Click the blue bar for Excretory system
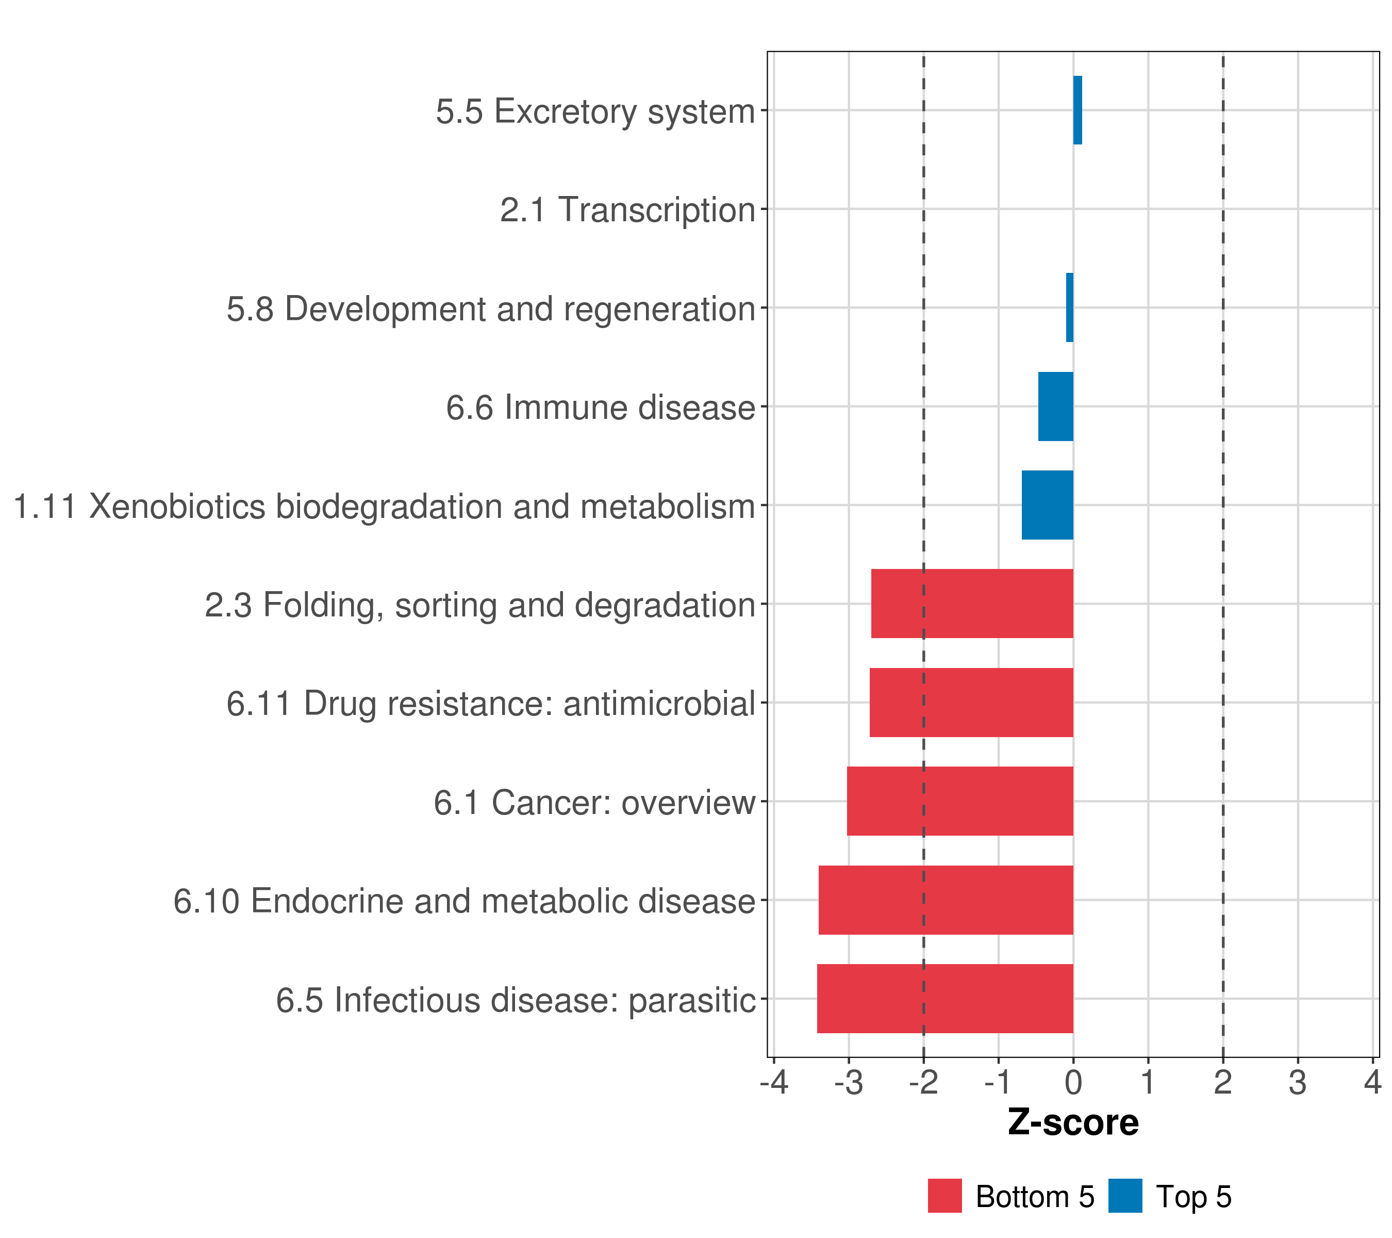tap(1078, 110)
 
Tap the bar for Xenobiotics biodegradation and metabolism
tap(1048, 505)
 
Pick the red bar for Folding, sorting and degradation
tap(972, 604)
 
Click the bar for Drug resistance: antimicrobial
tap(971, 703)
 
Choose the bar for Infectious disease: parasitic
tap(944, 999)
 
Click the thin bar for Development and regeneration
tap(1069, 307)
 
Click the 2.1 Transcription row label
tap(627, 210)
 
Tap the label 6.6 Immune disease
tap(600, 408)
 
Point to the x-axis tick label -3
tap(849, 1083)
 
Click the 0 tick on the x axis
tap(1073, 1083)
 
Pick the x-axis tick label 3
tap(1297, 1083)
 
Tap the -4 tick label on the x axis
tap(774, 1083)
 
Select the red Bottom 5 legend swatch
tap(944, 1196)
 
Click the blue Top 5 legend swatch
tap(1125, 1196)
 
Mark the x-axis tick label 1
tap(1148, 1083)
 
